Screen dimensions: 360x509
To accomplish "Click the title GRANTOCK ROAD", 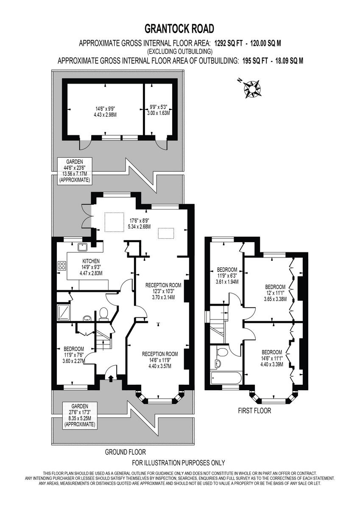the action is [x=180, y=29].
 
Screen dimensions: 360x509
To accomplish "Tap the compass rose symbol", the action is [x=253, y=89].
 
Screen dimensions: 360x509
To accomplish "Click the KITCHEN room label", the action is [x=91, y=261].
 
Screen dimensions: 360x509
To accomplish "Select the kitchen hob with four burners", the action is [x=61, y=266].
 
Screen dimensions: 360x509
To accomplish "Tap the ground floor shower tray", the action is [x=64, y=311].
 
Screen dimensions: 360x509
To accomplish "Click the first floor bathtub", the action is [x=225, y=378].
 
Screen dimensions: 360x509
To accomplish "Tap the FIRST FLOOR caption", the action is [x=254, y=411].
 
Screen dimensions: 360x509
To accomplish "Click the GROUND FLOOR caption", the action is [x=125, y=452].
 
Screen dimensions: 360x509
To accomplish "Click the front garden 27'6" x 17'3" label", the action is [x=79, y=415].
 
